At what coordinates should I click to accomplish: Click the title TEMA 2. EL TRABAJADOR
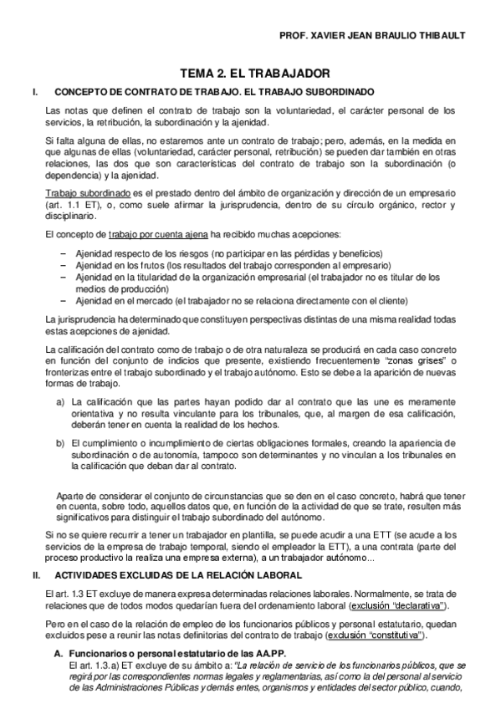pyautogui.click(x=250, y=74)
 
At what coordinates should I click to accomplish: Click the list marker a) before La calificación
pyautogui.click(x=61, y=401)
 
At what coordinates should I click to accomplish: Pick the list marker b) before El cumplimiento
pyautogui.click(x=61, y=441)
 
